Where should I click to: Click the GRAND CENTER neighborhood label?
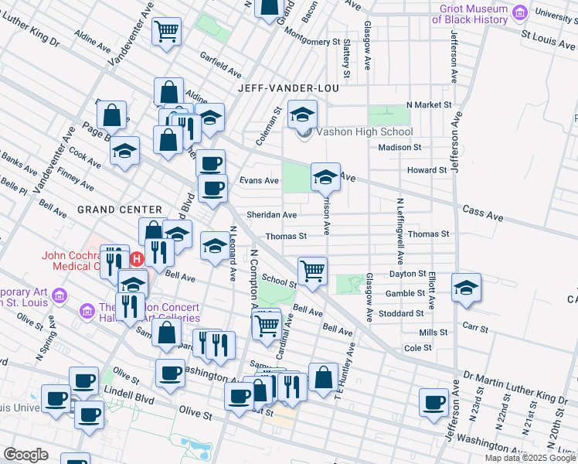[x=120, y=210]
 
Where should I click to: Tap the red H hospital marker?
[x=138, y=258]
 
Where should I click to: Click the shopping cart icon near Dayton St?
[x=312, y=271]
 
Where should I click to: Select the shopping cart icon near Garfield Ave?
[x=167, y=32]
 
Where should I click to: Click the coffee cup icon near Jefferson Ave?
[x=434, y=401]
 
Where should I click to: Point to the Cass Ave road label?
[x=480, y=210]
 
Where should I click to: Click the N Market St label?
[x=433, y=104]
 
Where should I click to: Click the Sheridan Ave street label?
[x=271, y=215]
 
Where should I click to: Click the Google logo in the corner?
[x=25, y=455]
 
